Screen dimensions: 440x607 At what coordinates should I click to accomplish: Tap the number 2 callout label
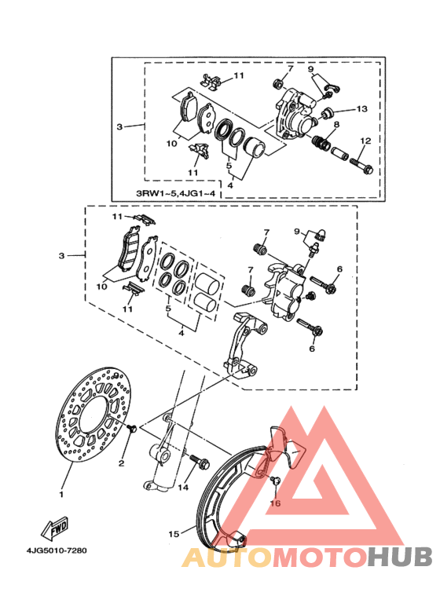121,463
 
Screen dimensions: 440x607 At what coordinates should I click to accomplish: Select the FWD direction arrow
55,529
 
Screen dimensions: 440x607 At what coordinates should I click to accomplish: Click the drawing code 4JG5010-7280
57,550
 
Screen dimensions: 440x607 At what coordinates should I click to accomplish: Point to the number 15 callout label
174,534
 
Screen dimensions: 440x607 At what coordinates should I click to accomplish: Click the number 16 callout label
275,503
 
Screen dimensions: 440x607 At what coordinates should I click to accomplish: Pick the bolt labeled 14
200,461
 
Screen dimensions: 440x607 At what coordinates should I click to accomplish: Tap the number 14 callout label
183,487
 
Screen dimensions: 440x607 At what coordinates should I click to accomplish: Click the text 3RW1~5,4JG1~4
175,192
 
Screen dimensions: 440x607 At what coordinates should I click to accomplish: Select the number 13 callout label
361,109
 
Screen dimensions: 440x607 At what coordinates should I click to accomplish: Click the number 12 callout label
365,141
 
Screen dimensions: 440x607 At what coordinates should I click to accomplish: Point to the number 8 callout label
336,124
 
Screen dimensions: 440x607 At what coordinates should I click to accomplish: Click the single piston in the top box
255,147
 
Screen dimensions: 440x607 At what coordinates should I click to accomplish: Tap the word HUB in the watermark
400,556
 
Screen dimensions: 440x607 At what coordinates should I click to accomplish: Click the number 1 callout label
60,495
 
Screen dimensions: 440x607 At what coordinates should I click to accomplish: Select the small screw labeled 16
275,481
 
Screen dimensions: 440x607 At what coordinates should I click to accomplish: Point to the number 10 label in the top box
171,143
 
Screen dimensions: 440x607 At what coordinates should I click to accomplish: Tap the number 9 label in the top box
310,69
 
